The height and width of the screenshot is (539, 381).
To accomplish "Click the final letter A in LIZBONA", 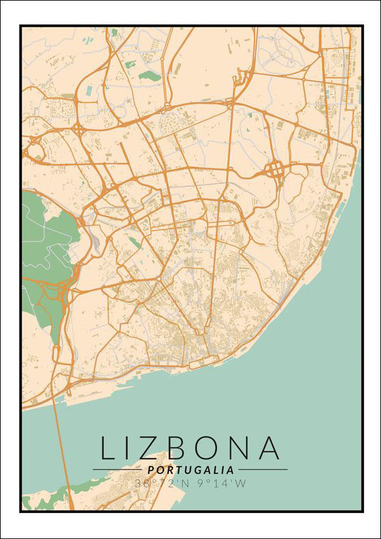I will (x=268, y=448).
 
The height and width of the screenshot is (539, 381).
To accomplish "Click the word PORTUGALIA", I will (x=190, y=470).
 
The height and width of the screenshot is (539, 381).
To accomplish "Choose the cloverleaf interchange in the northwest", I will (x=77, y=129).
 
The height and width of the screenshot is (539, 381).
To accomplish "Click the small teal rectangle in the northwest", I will (x=87, y=90).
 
